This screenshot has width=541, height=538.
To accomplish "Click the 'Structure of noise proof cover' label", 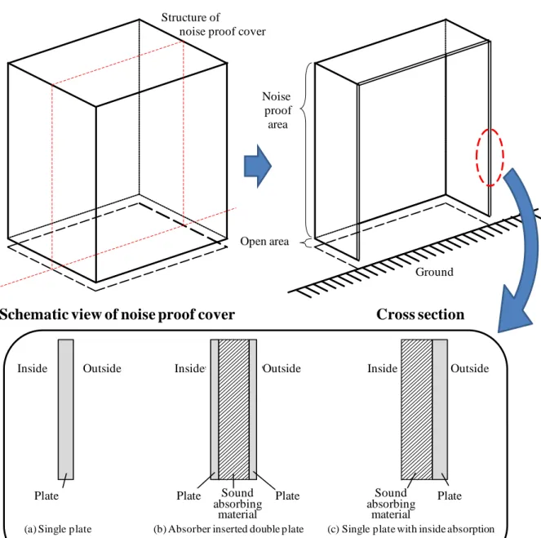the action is [x=213, y=24].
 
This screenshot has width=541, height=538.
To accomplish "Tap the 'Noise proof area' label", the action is [x=277, y=110].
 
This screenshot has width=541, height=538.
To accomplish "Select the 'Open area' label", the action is [x=264, y=241].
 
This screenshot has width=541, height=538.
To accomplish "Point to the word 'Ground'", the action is [x=434, y=272].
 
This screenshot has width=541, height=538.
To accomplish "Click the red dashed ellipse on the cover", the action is [x=477, y=157].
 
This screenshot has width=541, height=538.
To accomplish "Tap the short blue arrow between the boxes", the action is [x=258, y=166].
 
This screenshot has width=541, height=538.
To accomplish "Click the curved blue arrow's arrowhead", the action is [x=514, y=310].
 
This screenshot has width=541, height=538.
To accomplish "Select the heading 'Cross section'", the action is [x=420, y=314].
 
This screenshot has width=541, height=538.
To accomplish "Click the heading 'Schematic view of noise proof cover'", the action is [x=118, y=315].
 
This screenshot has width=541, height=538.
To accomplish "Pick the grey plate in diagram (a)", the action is [x=65, y=409].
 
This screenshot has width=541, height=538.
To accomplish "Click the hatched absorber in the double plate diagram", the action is [x=233, y=409].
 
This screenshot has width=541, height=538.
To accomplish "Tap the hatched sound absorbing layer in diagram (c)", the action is [x=416, y=409].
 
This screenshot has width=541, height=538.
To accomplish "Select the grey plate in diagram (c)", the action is [x=440, y=409].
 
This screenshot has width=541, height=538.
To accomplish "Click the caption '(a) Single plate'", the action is [x=58, y=529].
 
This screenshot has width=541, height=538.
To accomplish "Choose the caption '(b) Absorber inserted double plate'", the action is [x=228, y=529].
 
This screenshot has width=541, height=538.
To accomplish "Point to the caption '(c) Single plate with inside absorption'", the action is [x=411, y=529].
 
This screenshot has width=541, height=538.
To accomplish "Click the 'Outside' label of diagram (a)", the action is [x=102, y=368].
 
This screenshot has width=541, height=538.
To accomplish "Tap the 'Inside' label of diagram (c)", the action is [x=382, y=368].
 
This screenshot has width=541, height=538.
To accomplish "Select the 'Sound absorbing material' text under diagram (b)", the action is [x=237, y=504].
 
